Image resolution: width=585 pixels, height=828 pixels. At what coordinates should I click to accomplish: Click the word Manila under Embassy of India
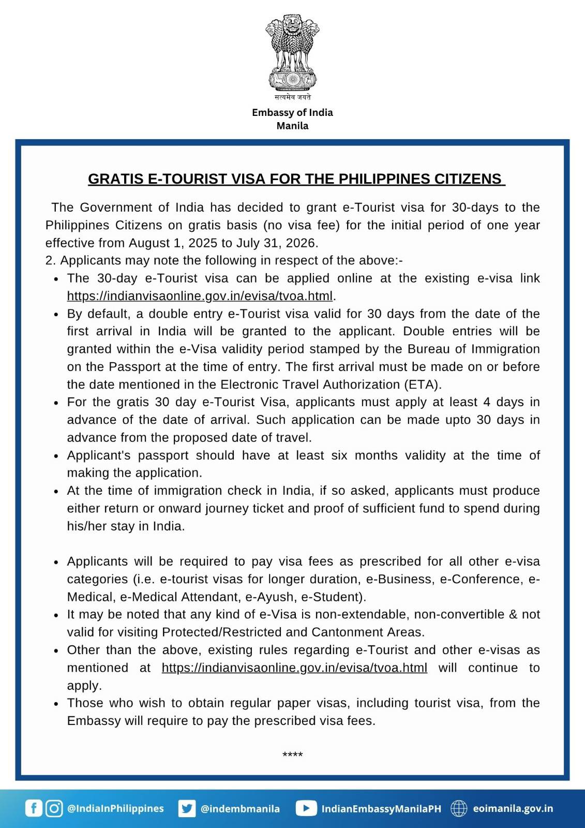[x=292, y=126]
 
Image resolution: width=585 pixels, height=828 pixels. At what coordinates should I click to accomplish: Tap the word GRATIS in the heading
[x=116, y=179]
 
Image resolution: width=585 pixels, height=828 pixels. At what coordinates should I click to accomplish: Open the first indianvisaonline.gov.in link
[x=200, y=296]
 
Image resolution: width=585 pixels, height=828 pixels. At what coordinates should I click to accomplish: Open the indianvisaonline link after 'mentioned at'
[x=294, y=668]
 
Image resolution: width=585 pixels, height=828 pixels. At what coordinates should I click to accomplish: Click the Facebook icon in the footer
[x=34, y=808]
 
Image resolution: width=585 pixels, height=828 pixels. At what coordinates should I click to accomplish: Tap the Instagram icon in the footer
[x=54, y=808]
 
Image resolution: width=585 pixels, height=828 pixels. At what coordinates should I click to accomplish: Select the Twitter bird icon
[x=187, y=808]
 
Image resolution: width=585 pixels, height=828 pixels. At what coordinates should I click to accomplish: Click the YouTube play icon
[x=306, y=808]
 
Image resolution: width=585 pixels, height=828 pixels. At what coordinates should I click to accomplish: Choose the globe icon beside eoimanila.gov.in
[x=459, y=808]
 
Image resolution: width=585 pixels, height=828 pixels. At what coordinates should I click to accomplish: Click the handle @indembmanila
[x=240, y=808]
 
